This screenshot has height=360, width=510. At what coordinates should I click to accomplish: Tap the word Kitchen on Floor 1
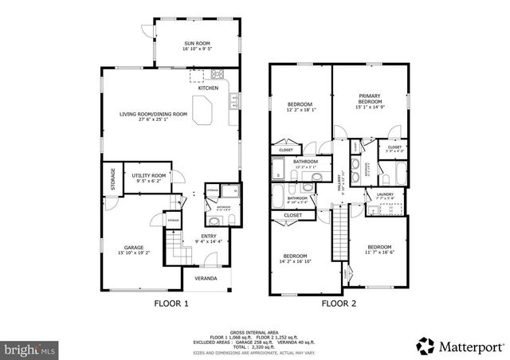pyautogui.click(x=208, y=88)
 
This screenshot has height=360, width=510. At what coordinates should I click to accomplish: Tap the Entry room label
pyautogui.click(x=209, y=236)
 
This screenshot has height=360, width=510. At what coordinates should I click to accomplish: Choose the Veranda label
pyautogui.click(x=206, y=279)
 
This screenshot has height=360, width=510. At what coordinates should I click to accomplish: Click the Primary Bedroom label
pyautogui.click(x=369, y=99)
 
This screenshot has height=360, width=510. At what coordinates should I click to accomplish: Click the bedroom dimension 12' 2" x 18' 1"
pyautogui.click(x=300, y=110)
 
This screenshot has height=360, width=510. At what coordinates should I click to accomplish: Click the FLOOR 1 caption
pyautogui.click(x=171, y=303)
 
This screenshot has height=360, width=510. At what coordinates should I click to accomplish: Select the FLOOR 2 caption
pyautogui.click(x=339, y=303)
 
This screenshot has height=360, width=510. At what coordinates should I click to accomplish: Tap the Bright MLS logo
pyautogui.click(x=30, y=349)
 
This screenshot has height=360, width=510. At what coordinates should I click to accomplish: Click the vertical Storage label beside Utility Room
pyautogui.click(x=112, y=179)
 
